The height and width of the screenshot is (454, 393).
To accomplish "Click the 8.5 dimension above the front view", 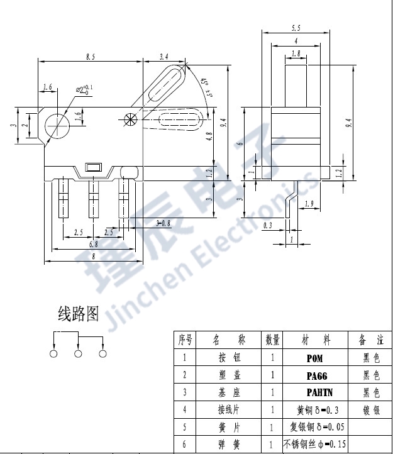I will coord(91,57).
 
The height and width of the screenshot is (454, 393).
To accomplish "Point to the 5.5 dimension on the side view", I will coord(295,28).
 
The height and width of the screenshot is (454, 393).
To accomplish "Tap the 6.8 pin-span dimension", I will coord(93,244).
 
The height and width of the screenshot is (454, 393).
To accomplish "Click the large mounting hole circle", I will coord(57,123).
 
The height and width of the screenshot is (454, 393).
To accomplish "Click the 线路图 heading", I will coord(78,314).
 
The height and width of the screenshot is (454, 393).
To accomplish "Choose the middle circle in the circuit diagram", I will coord(78,354).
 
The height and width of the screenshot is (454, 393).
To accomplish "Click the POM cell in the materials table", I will coord(314,358).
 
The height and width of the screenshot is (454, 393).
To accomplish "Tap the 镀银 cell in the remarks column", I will coord(371,410).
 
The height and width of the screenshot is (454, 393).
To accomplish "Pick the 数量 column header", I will coord(272,340).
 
